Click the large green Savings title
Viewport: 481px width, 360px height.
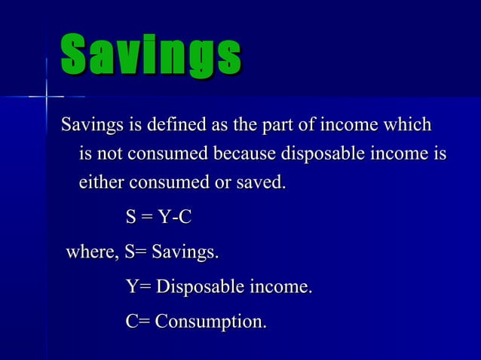point(151,56)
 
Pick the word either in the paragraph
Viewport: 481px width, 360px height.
point(102,182)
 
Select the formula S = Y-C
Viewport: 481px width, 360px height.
point(159,218)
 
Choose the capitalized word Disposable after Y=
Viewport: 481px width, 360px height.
point(200,287)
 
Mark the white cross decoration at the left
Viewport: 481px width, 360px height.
point(47,96)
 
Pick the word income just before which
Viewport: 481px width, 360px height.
point(350,124)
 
